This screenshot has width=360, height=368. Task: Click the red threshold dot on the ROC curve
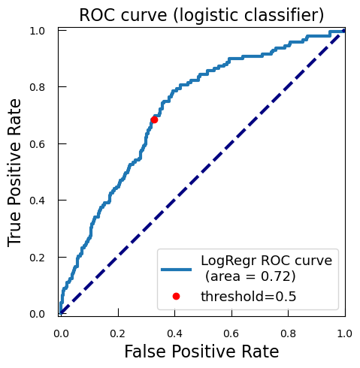point(154,120)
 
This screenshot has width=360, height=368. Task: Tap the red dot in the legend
point(176,297)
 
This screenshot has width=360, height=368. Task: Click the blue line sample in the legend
point(176,270)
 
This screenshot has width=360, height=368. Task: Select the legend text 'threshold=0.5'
point(248,297)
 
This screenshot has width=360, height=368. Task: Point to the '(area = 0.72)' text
point(250,276)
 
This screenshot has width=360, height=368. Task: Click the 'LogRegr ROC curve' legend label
point(267,261)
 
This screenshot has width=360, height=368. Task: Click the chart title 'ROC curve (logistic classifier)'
point(201,15)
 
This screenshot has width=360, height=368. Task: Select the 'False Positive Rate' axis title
point(201,351)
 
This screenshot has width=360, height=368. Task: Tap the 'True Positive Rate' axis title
point(14,173)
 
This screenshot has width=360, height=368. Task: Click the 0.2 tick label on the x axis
point(118,333)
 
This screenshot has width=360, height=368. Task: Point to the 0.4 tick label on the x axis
point(174,333)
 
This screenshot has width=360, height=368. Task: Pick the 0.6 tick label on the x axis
point(231,333)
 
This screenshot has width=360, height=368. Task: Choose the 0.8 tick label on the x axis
point(289,333)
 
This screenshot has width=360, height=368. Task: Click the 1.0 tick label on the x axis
point(345,333)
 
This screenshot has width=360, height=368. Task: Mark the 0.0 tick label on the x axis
point(61,333)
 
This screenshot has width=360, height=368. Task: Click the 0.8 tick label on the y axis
point(37,87)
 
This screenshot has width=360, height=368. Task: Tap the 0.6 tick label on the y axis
point(37,144)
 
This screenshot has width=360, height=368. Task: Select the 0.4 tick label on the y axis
point(37,201)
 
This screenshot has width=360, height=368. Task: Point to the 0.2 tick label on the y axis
point(37,258)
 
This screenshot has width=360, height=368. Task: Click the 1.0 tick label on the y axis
point(37,31)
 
